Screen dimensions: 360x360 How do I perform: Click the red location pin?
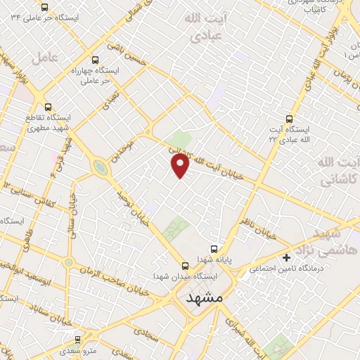[181, 166]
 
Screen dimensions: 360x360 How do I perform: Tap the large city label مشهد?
[205, 298]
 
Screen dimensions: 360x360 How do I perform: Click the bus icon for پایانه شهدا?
[214, 249]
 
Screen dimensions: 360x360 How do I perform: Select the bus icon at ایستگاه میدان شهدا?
[185, 265]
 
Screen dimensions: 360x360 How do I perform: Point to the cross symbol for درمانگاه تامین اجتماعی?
[286, 257]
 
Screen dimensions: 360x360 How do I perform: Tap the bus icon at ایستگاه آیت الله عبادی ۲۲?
[290, 119]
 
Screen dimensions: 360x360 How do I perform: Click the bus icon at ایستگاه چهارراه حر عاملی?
[96, 60]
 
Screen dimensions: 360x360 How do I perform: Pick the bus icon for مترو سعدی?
[77, 339]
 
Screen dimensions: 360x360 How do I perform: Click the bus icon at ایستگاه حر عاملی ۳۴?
[45, 7]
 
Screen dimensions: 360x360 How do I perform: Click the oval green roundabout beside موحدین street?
[101, 167]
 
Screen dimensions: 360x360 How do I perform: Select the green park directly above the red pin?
[182, 139]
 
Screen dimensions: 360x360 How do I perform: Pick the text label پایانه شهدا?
[214, 260]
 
